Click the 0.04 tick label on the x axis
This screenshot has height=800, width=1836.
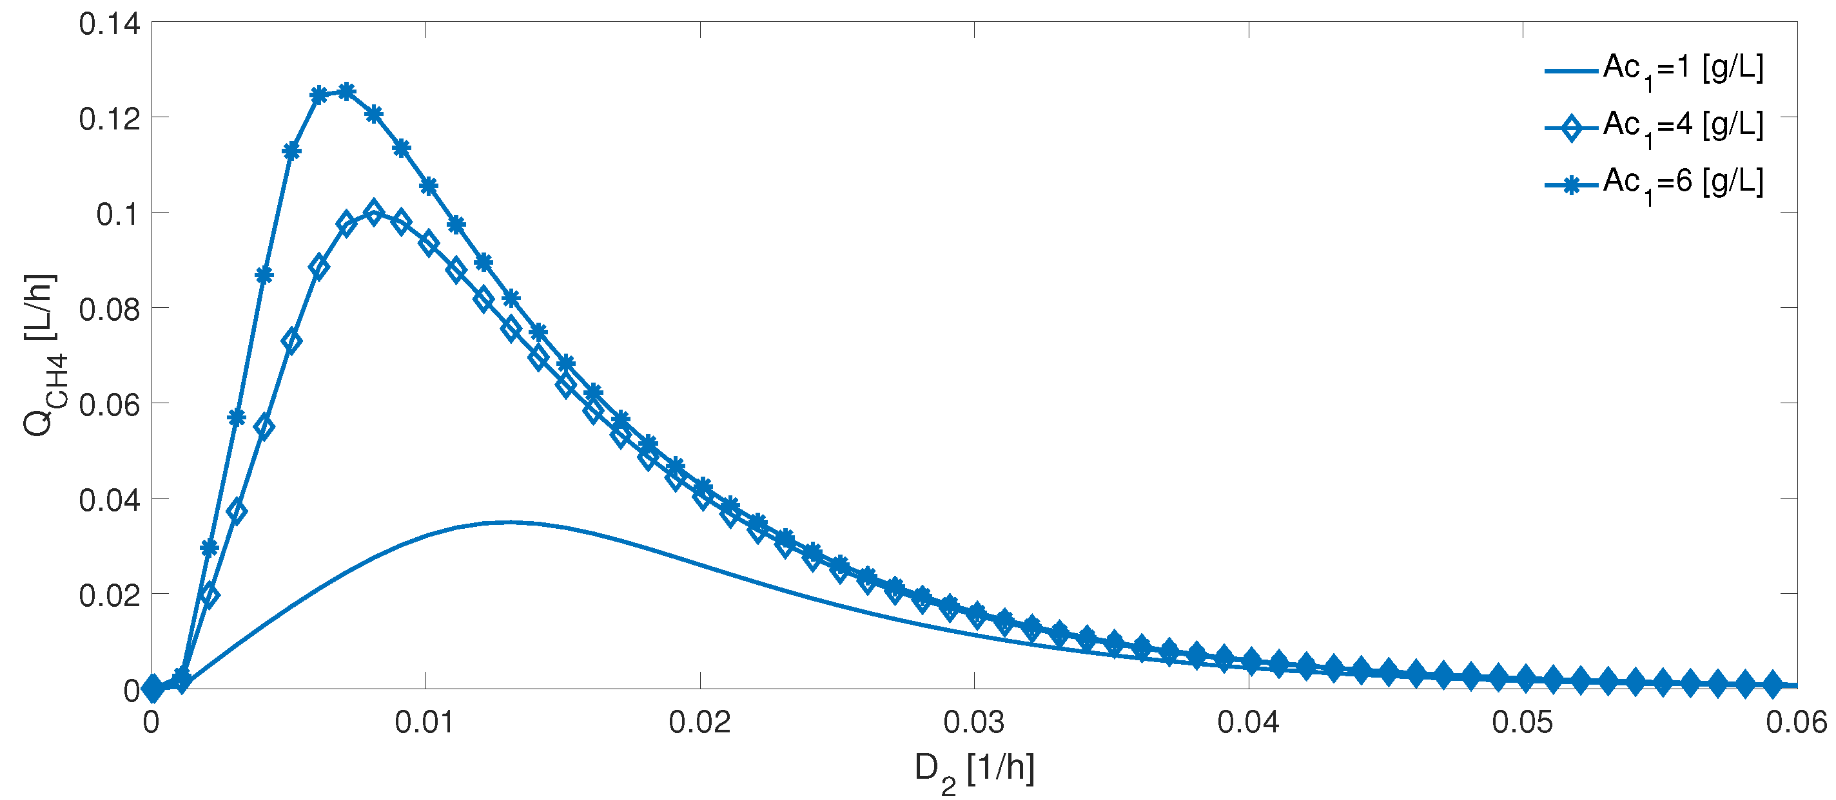coord(1248,722)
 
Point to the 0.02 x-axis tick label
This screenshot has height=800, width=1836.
coord(699,722)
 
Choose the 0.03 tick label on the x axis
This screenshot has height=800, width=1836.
coord(973,722)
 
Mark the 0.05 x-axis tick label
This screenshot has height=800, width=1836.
coord(1523,722)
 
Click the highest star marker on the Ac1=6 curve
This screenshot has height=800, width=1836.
coord(346,91)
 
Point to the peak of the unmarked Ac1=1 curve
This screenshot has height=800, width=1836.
coord(508,522)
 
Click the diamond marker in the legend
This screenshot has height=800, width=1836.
coord(1571,128)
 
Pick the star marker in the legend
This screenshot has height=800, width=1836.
coord(1571,186)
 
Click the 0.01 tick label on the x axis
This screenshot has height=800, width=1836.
coord(425,722)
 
